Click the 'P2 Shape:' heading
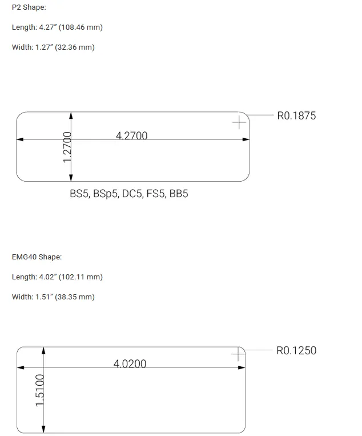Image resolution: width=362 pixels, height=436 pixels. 29,7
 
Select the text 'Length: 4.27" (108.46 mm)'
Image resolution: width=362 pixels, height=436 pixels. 57,27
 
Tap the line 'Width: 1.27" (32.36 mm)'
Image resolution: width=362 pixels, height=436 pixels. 53,47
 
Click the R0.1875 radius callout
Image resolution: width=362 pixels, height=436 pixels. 296,116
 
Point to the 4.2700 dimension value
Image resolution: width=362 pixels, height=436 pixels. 131,135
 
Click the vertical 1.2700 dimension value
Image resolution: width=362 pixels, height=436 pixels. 67,147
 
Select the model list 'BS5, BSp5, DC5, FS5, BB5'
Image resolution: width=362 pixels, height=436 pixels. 128,194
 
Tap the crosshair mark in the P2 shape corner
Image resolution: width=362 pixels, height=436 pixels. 239,122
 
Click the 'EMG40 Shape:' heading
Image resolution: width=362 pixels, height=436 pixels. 37,257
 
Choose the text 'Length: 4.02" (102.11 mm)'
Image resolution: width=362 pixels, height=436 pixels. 57,277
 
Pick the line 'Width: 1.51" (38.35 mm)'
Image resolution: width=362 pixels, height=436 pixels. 53,297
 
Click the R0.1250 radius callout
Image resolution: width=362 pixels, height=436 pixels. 296,351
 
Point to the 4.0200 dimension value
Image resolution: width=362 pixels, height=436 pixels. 130,364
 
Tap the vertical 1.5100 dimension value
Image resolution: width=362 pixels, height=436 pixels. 40,390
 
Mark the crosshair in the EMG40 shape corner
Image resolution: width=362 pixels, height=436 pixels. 238,355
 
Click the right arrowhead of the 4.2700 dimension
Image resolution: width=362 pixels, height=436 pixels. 246,139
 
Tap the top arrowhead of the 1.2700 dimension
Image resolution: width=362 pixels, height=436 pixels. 71,115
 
